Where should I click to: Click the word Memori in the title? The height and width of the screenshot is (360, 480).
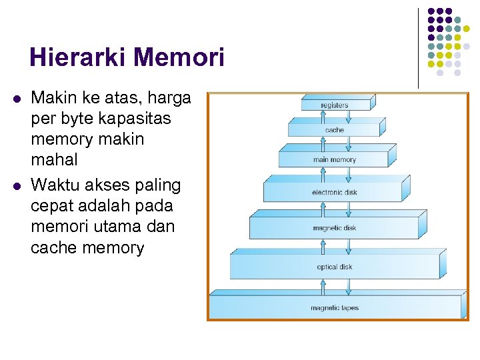(179, 57)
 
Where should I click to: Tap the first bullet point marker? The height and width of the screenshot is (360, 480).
(16, 99)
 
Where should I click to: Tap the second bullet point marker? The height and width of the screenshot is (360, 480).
(16, 185)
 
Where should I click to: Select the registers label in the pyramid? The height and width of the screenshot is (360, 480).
(334, 105)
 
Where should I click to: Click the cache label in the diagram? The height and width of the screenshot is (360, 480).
(334, 130)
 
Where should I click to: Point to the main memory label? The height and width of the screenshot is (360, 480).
(334, 160)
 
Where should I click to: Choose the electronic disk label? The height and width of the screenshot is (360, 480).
(334, 193)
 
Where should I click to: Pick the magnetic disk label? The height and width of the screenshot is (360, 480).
(334, 228)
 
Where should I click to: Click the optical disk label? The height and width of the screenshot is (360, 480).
(334, 267)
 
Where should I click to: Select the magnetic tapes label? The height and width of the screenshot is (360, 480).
(334, 308)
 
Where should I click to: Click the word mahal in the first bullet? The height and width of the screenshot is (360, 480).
(54, 160)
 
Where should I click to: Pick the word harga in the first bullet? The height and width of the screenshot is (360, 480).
(169, 99)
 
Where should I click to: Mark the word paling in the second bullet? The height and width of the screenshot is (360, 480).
(158, 184)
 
